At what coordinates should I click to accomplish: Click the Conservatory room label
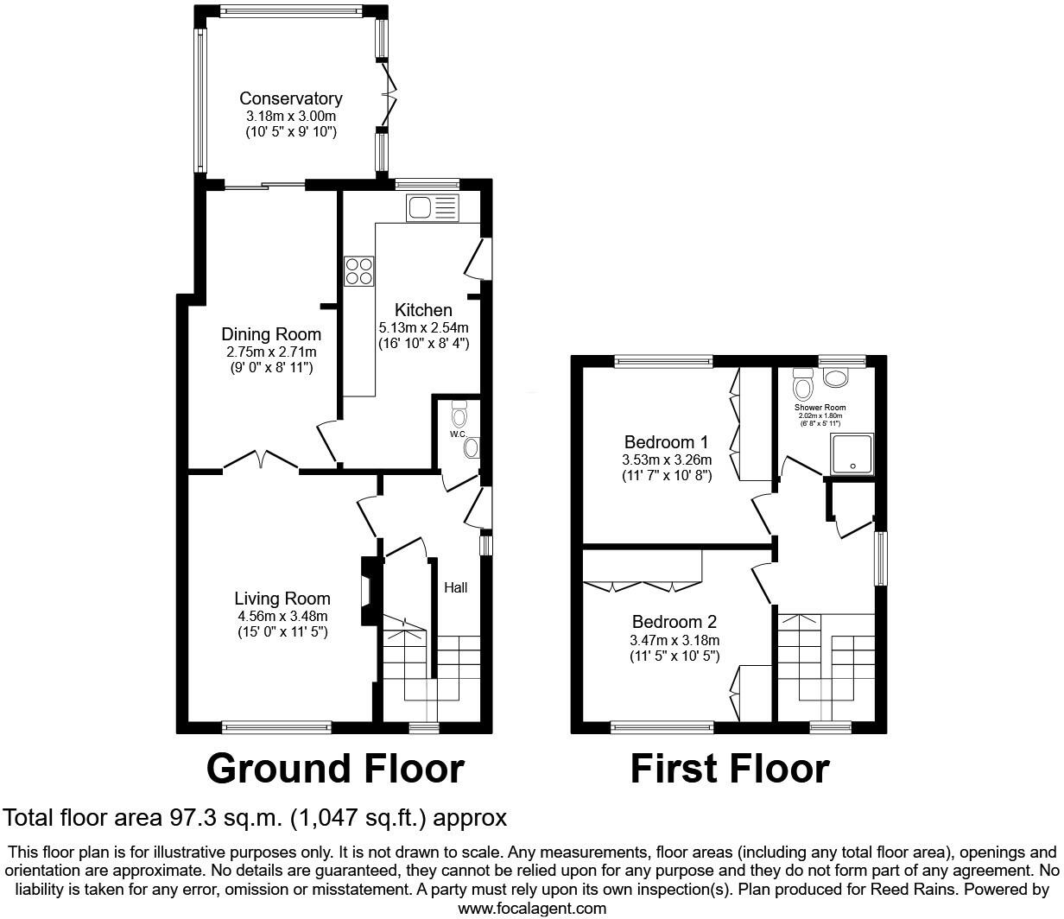[290, 98]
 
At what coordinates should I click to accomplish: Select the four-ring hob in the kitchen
[359, 272]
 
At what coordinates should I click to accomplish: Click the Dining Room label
[271, 334]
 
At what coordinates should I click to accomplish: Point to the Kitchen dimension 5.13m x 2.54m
[423, 327]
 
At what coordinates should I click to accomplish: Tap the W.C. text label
[457, 434]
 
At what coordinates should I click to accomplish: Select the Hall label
[455, 587]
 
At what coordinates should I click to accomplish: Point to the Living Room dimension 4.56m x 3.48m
[282, 616]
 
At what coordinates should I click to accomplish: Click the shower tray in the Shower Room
[852, 454]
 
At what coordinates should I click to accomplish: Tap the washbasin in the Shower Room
[835, 377]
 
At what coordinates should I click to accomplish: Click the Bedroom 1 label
[666, 441]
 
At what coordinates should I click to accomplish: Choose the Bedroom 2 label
[674, 622]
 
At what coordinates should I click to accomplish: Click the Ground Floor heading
[335, 768]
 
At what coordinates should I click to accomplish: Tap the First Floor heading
[730, 768]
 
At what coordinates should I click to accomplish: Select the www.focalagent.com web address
[531, 908]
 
